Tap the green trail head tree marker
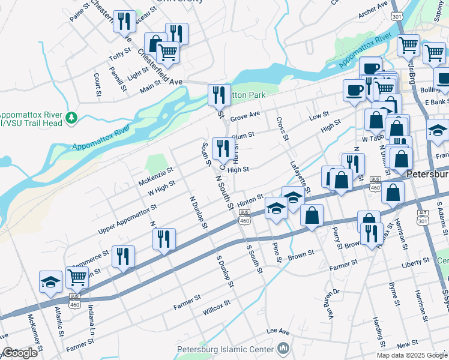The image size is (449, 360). coord(72,116)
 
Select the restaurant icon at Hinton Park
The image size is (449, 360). coord(219,94)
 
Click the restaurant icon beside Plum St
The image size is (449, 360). coord(223,148)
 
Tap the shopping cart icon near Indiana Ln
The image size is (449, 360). coord(77,277)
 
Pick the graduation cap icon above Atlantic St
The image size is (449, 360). coord(51,281)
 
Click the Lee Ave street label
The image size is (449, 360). coord(278,331)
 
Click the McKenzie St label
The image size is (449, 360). coord(155,176)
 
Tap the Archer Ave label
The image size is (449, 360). coord(373,8)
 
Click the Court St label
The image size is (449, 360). coord(97,85)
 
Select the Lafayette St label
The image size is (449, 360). coord(300,176)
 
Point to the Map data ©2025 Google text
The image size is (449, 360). coord(411,355)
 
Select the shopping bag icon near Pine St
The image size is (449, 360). coord(312,215)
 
